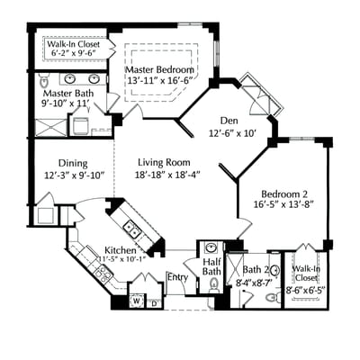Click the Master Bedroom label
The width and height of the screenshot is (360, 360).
[x=158, y=68]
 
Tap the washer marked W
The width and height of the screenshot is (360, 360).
[x=136, y=301]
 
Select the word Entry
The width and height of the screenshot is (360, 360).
[x=177, y=277]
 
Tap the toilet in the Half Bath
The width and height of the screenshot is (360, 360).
[x=213, y=285]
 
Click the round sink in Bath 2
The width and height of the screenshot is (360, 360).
[x=274, y=269]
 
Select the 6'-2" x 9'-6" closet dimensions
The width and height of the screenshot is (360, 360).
[x=72, y=53]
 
